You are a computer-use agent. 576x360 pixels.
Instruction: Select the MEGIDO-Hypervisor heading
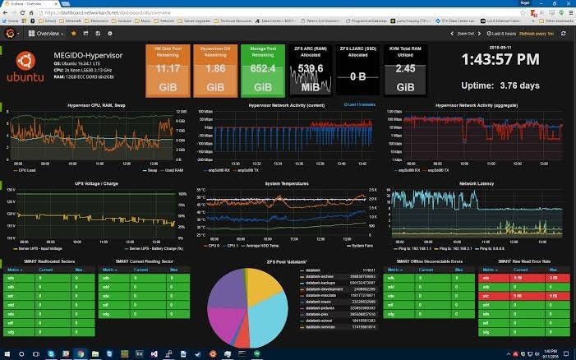point(92,56)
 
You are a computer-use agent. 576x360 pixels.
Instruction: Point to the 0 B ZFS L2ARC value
point(357,76)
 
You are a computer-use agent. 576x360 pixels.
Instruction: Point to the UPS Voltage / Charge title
point(97,184)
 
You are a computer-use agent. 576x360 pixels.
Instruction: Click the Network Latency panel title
point(477,184)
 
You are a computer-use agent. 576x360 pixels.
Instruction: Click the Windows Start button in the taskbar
point(7,353)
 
